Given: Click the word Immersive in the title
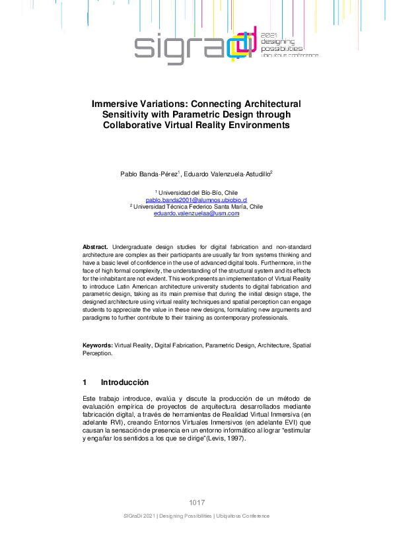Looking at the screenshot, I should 116,104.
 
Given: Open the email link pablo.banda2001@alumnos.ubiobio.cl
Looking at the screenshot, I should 196,199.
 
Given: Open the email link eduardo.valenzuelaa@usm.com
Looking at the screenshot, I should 196,213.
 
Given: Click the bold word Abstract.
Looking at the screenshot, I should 95,246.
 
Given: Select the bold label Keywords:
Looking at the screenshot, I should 97,345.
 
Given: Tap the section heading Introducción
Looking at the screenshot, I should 124,382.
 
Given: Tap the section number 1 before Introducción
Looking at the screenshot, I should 85,382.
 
